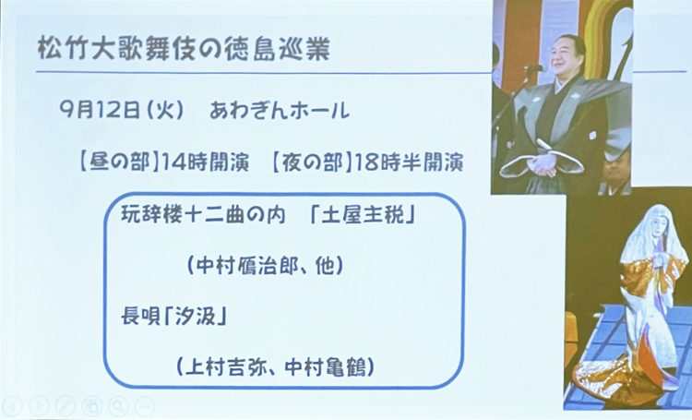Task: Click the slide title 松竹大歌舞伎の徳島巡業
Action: click(184, 49)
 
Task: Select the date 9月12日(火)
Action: click(122, 111)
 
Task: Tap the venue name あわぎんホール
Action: click(280, 111)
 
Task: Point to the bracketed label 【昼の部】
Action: click(120, 162)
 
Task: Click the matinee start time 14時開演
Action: click(205, 163)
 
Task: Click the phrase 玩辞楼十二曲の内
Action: click(204, 215)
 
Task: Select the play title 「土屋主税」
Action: click(363, 215)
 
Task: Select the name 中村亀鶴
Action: click(326, 366)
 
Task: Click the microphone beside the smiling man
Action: click(534, 68)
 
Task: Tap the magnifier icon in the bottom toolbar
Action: click(119, 405)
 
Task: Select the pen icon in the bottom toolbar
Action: click(66, 405)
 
